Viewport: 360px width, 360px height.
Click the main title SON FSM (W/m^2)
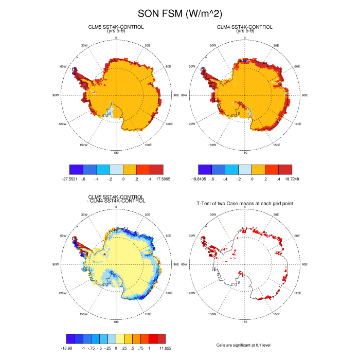pos(179,14)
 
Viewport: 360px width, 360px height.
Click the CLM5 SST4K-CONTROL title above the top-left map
pos(116,27)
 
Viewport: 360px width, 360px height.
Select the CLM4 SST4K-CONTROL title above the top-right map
pos(244,27)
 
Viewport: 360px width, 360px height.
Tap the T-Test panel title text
pos(245,204)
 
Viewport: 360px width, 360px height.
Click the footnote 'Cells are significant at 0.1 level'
pos(244,346)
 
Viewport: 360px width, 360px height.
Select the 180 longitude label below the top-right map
pos(244,152)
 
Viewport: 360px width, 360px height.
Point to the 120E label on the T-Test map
pos(298,293)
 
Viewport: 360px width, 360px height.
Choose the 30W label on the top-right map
pos(212,46)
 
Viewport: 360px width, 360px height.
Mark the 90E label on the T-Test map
pos(304,264)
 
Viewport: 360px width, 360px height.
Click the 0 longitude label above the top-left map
pos(116,38)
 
